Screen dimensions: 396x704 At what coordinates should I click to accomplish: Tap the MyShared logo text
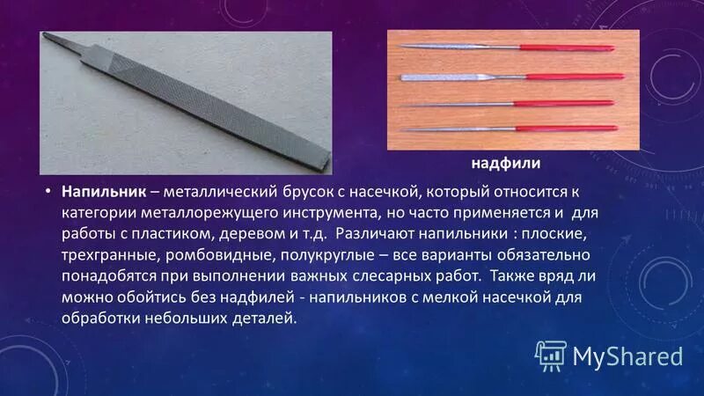pos(627,356)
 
